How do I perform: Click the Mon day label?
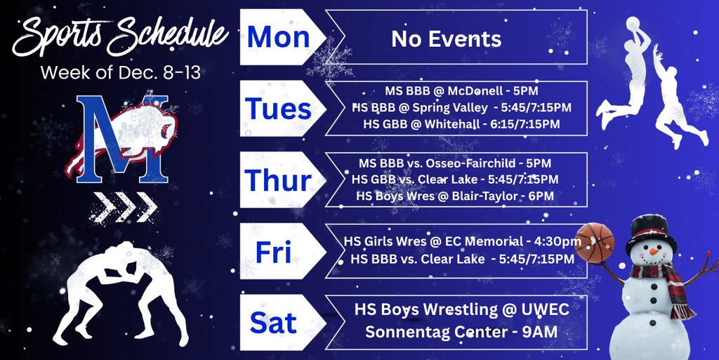click(x=278, y=37)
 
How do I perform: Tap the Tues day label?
click(x=278, y=109)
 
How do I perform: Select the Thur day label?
click(x=278, y=180)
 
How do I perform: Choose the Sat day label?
click(x=273, y=323)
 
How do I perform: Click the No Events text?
click(x=447, y=39)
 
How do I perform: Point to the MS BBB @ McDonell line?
click(x=461, y=91)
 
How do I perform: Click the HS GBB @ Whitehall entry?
click(x=461, y=124)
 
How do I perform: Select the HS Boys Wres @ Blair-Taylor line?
click(x=455, y=196)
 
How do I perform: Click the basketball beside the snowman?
click(x=594, y=243)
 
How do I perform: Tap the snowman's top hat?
click(x=650, y=229)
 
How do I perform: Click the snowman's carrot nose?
click(x=654, y=251)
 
